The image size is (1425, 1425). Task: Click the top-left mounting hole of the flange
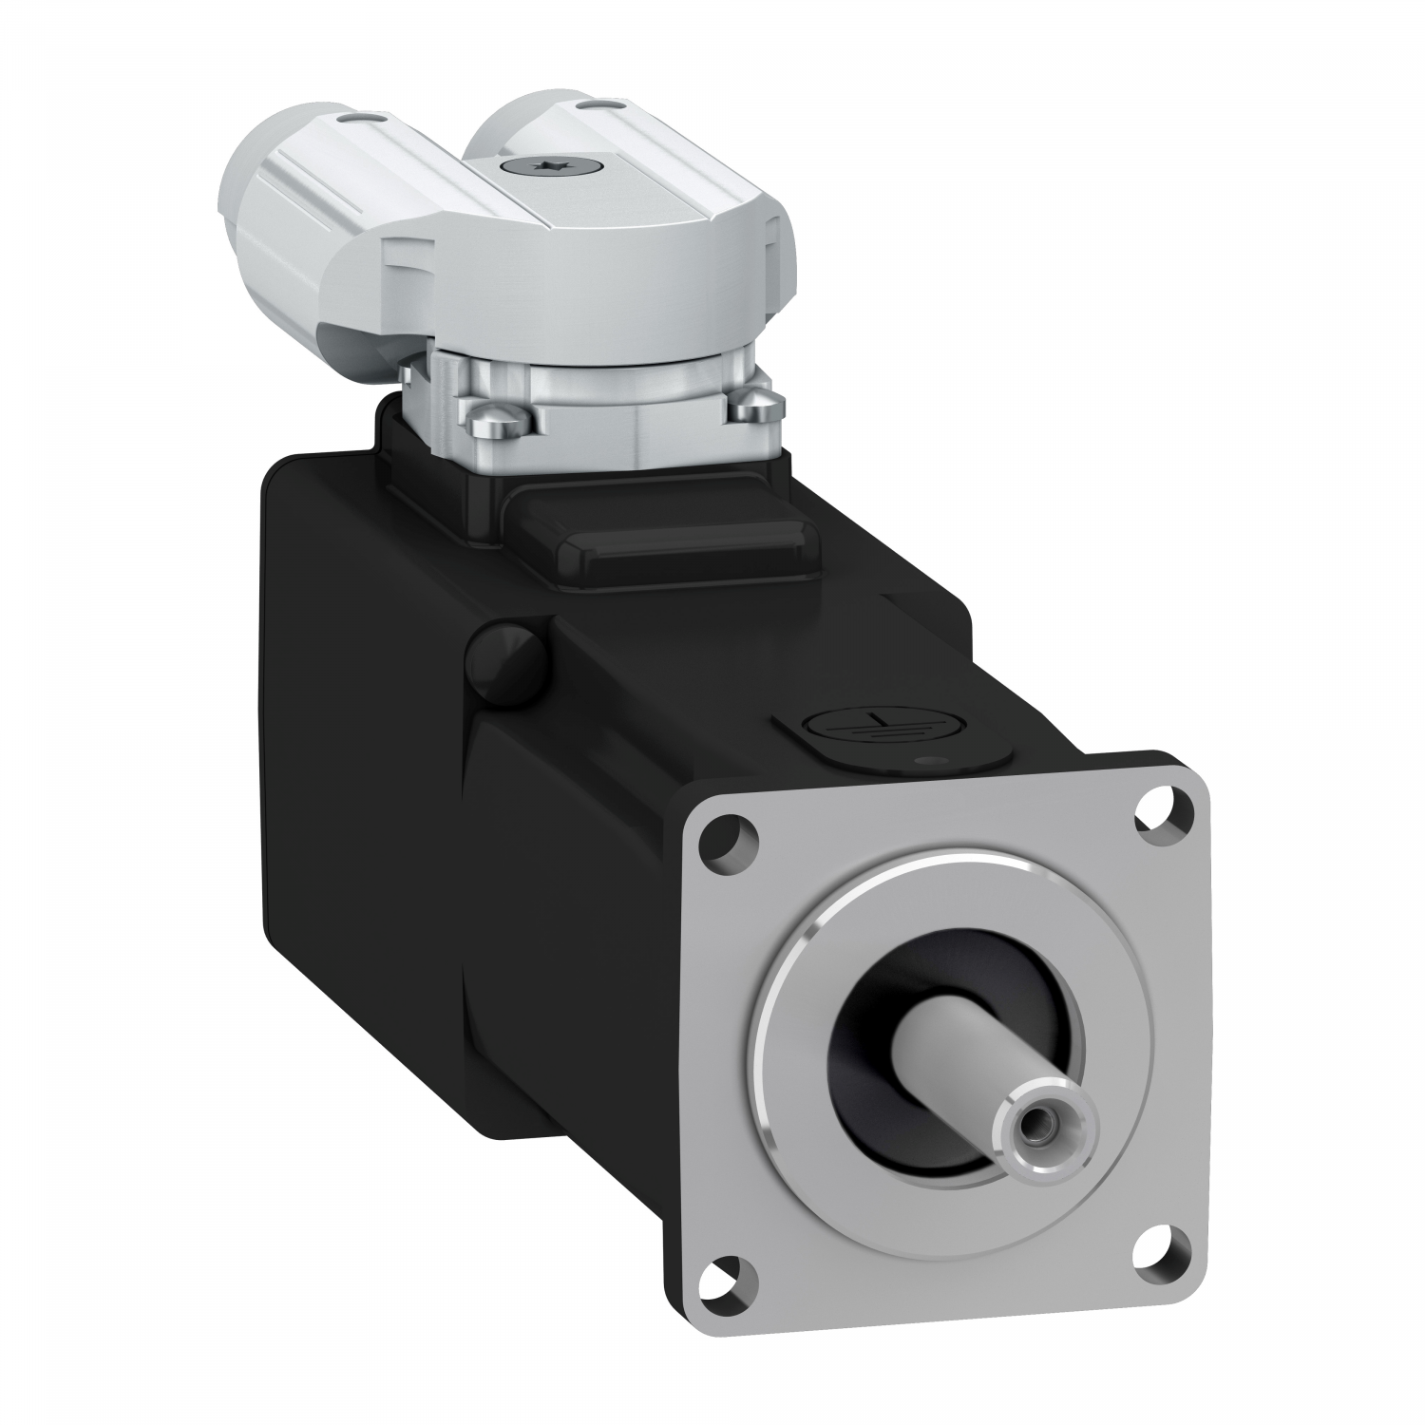[x=729, y=838]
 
